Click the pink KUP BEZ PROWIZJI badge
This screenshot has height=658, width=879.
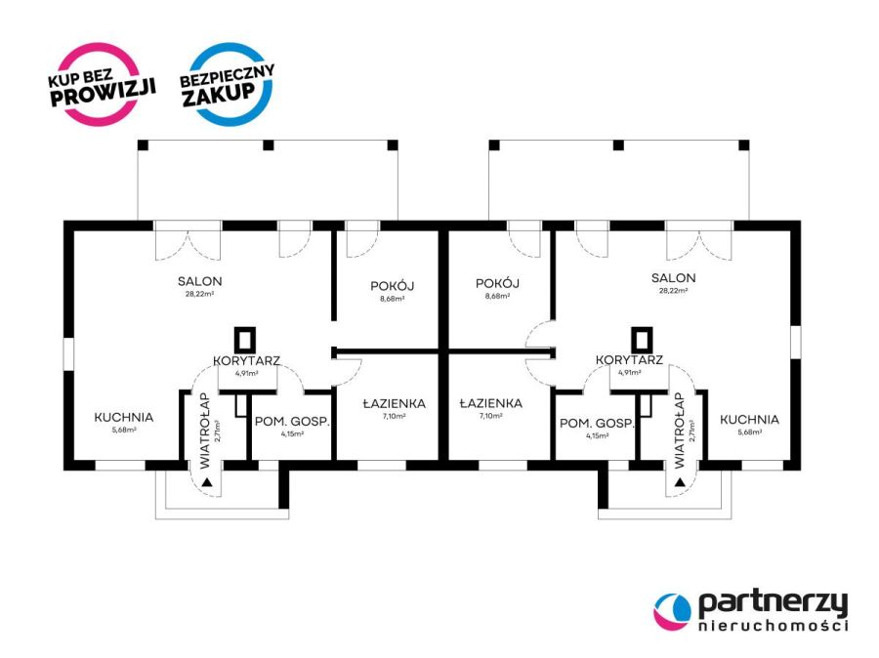pos(101,84)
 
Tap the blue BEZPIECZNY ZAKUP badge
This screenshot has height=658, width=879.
pos(228,84)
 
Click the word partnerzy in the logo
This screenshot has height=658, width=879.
pos(774,604)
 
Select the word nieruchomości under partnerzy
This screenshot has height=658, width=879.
pos(774,626)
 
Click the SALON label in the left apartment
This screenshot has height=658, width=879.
pos(199,281)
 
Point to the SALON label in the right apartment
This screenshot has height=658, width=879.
pos(673,278)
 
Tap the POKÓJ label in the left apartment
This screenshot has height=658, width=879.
pos(393,286)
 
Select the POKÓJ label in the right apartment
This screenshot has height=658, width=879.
pos(497,283)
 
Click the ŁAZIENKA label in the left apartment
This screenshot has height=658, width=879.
pos(395,403)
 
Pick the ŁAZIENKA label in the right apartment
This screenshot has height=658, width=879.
pos(491,403)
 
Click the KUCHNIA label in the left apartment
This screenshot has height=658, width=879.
pos(123,418)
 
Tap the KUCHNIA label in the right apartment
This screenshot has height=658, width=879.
pos(749,419)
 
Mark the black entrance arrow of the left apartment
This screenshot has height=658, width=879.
pos(207,481)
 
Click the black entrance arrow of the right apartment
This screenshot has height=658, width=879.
pos(680,481)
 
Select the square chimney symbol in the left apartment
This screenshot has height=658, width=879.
pos(245,340)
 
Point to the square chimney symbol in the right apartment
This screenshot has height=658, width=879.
pos(642,340)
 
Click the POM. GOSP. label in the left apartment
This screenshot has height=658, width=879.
pos(292,422)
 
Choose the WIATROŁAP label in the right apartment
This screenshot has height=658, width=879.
pos(680,431)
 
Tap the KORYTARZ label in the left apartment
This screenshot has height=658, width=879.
pos(247,361)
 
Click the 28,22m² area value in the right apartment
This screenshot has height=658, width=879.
pos(673,290)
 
